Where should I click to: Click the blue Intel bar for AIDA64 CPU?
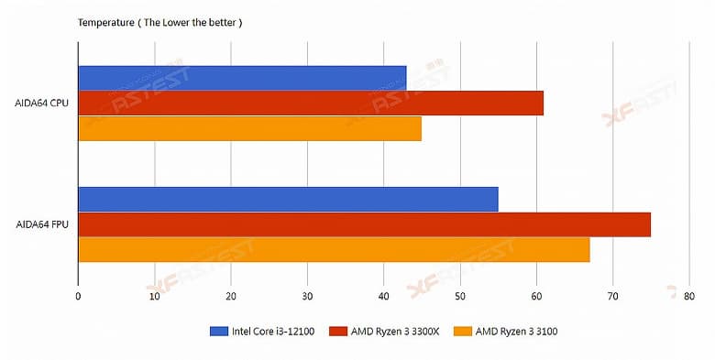pyautogui.click(x=242, y=78)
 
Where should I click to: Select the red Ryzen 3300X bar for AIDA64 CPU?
pyautogui.click(x=311, y=103)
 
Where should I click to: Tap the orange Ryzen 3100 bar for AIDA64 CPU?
pyautogui.click(x=249, y=128)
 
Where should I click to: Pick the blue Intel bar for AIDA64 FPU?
pyautogui.click(x=288, y=199)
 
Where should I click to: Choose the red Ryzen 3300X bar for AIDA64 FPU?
pyautogui.click(x=364, y=224)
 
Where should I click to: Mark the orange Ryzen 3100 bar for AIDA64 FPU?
pyautogui.click(x=334, y=249)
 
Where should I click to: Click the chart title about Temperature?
pyautogui.click(x=160, y=21)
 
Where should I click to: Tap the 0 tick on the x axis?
pyautogui.click(x=79, y=296)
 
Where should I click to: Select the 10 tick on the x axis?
pyautogui.click(x=155, y=296)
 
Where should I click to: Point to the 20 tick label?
pyautogui.click(x=231, y=296)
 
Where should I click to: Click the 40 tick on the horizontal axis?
pyautogui.click(x=383, y=296)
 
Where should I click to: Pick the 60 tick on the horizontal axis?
pyautogui.click(x=536, y=296)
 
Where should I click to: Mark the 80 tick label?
pyautogui.click(x=688, y=296)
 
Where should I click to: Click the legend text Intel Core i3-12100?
pyautogui.click(x=275, y=331)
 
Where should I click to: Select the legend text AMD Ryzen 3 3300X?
pyautogui.click(x=396, y=331)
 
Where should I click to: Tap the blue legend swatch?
pyautogui.click(x=220, y=331)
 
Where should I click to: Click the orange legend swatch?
pyautogui.click(x=463, y=331)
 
